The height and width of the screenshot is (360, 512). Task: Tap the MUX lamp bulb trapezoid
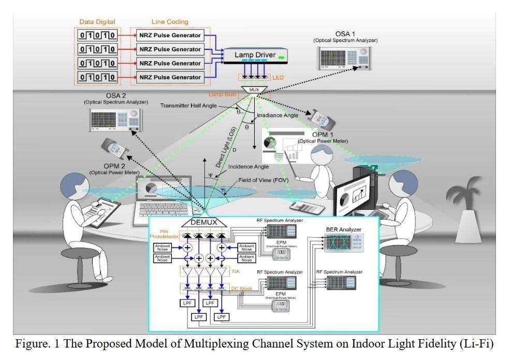[x=254, y=90]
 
